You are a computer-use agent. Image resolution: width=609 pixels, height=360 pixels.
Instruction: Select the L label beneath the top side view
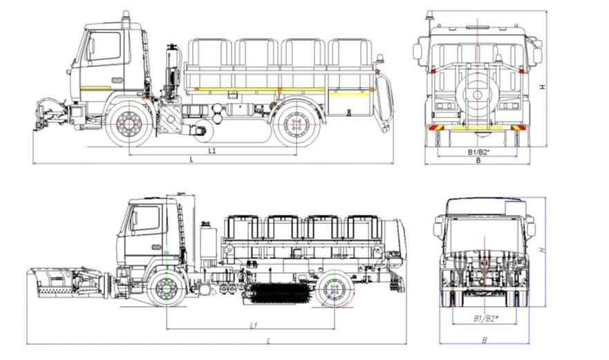(191, 160)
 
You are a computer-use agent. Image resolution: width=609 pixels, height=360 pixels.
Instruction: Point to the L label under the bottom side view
(268, 341)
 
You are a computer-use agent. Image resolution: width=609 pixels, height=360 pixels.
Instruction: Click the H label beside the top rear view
(543, 86)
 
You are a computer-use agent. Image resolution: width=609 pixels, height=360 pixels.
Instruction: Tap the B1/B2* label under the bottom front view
(486, 319)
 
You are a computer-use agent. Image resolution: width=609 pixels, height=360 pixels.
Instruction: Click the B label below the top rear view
(478, 160)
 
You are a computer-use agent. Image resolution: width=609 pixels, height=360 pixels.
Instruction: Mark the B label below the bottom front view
(484, 340)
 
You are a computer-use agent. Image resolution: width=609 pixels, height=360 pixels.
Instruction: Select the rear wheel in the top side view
(297, 124)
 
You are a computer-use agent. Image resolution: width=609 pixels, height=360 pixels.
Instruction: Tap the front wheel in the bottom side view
(167, 287)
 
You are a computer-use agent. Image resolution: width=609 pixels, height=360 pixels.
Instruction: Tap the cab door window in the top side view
(104, 47)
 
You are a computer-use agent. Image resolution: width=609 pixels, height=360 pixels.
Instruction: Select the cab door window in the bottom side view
(146, 218)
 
